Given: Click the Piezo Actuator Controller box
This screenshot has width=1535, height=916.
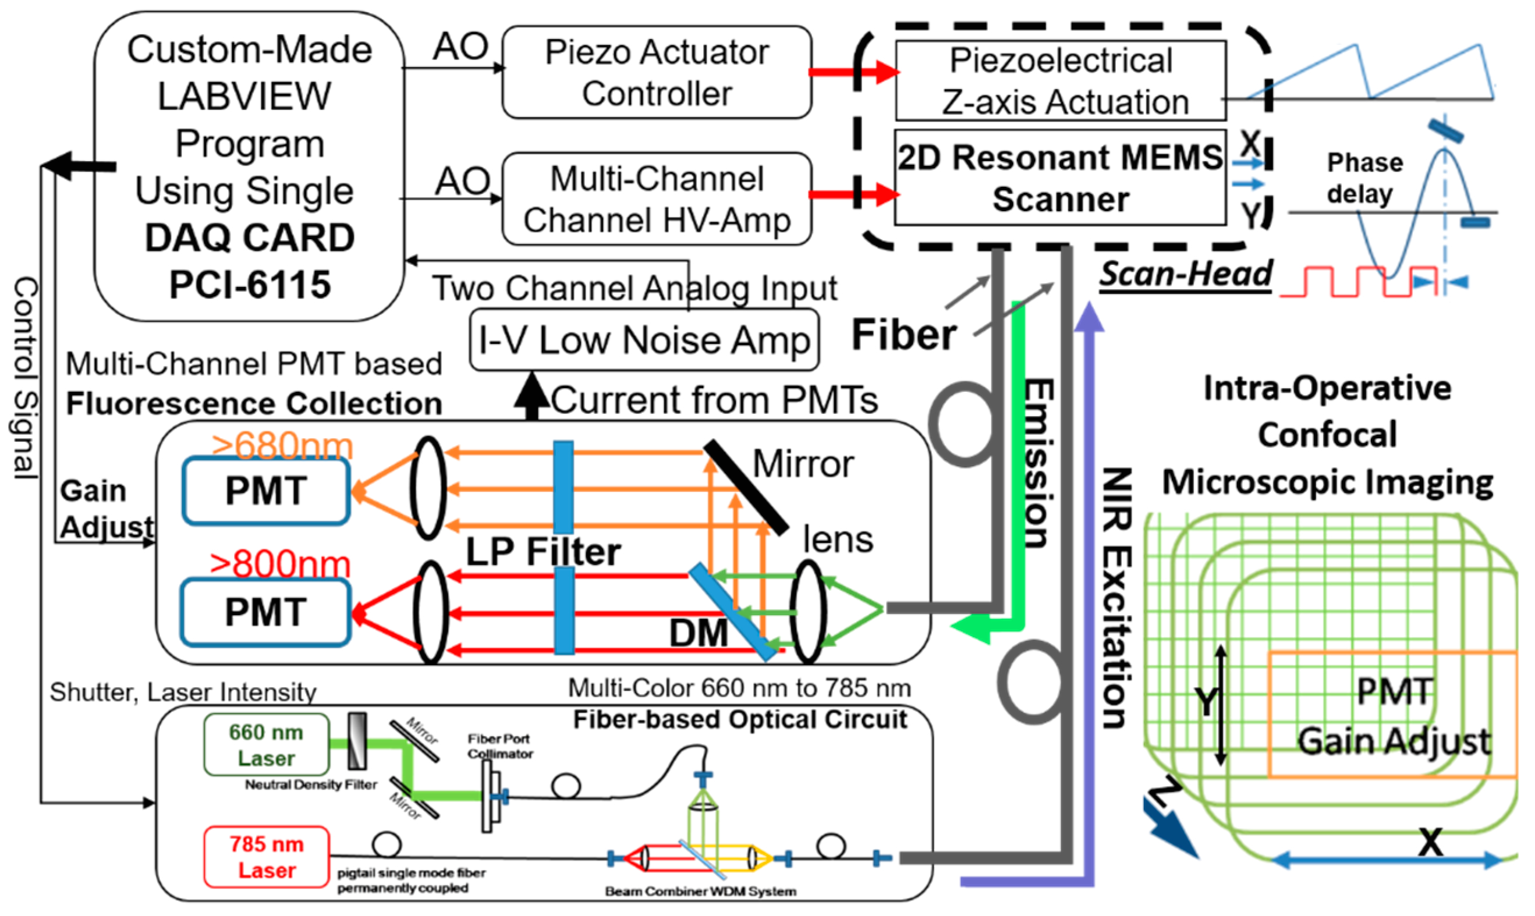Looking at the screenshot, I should tap(656, 72).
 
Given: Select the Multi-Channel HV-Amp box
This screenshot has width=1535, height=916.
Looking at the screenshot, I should tap(656, 199).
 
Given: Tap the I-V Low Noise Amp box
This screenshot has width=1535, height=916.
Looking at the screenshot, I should tap(644, 340).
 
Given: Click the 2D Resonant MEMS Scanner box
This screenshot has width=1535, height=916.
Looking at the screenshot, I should tap(1060, 177).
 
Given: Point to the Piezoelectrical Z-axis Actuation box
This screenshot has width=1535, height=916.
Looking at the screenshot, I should tap(1060, 81).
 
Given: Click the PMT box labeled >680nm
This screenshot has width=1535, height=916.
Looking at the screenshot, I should tap(266, 491).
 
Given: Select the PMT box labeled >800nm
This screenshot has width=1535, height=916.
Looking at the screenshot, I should tap(266, 612).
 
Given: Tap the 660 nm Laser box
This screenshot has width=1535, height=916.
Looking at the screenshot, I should tap(266, 744).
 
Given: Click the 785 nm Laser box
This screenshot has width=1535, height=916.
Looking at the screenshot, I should tap(266, 857).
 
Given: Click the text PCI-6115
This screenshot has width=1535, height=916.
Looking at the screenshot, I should tap(250, 285).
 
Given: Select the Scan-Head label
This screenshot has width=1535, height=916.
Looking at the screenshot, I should tap(1185, 274).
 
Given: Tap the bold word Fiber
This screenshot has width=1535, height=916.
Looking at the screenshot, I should tap(903, 335).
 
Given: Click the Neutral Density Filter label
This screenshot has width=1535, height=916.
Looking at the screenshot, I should tap(310, 784).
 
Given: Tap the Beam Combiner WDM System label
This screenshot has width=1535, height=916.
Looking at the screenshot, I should tap(700, 892).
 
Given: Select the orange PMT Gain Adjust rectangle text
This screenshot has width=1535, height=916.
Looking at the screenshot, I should tap(1393, 716).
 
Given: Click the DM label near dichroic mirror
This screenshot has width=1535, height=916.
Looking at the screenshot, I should tap(698, 633).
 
